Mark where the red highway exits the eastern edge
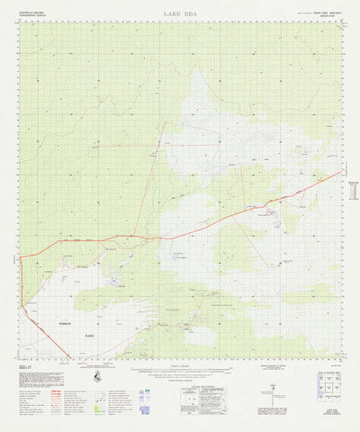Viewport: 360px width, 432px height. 342,172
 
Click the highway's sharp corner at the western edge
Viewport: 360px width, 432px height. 21,257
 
